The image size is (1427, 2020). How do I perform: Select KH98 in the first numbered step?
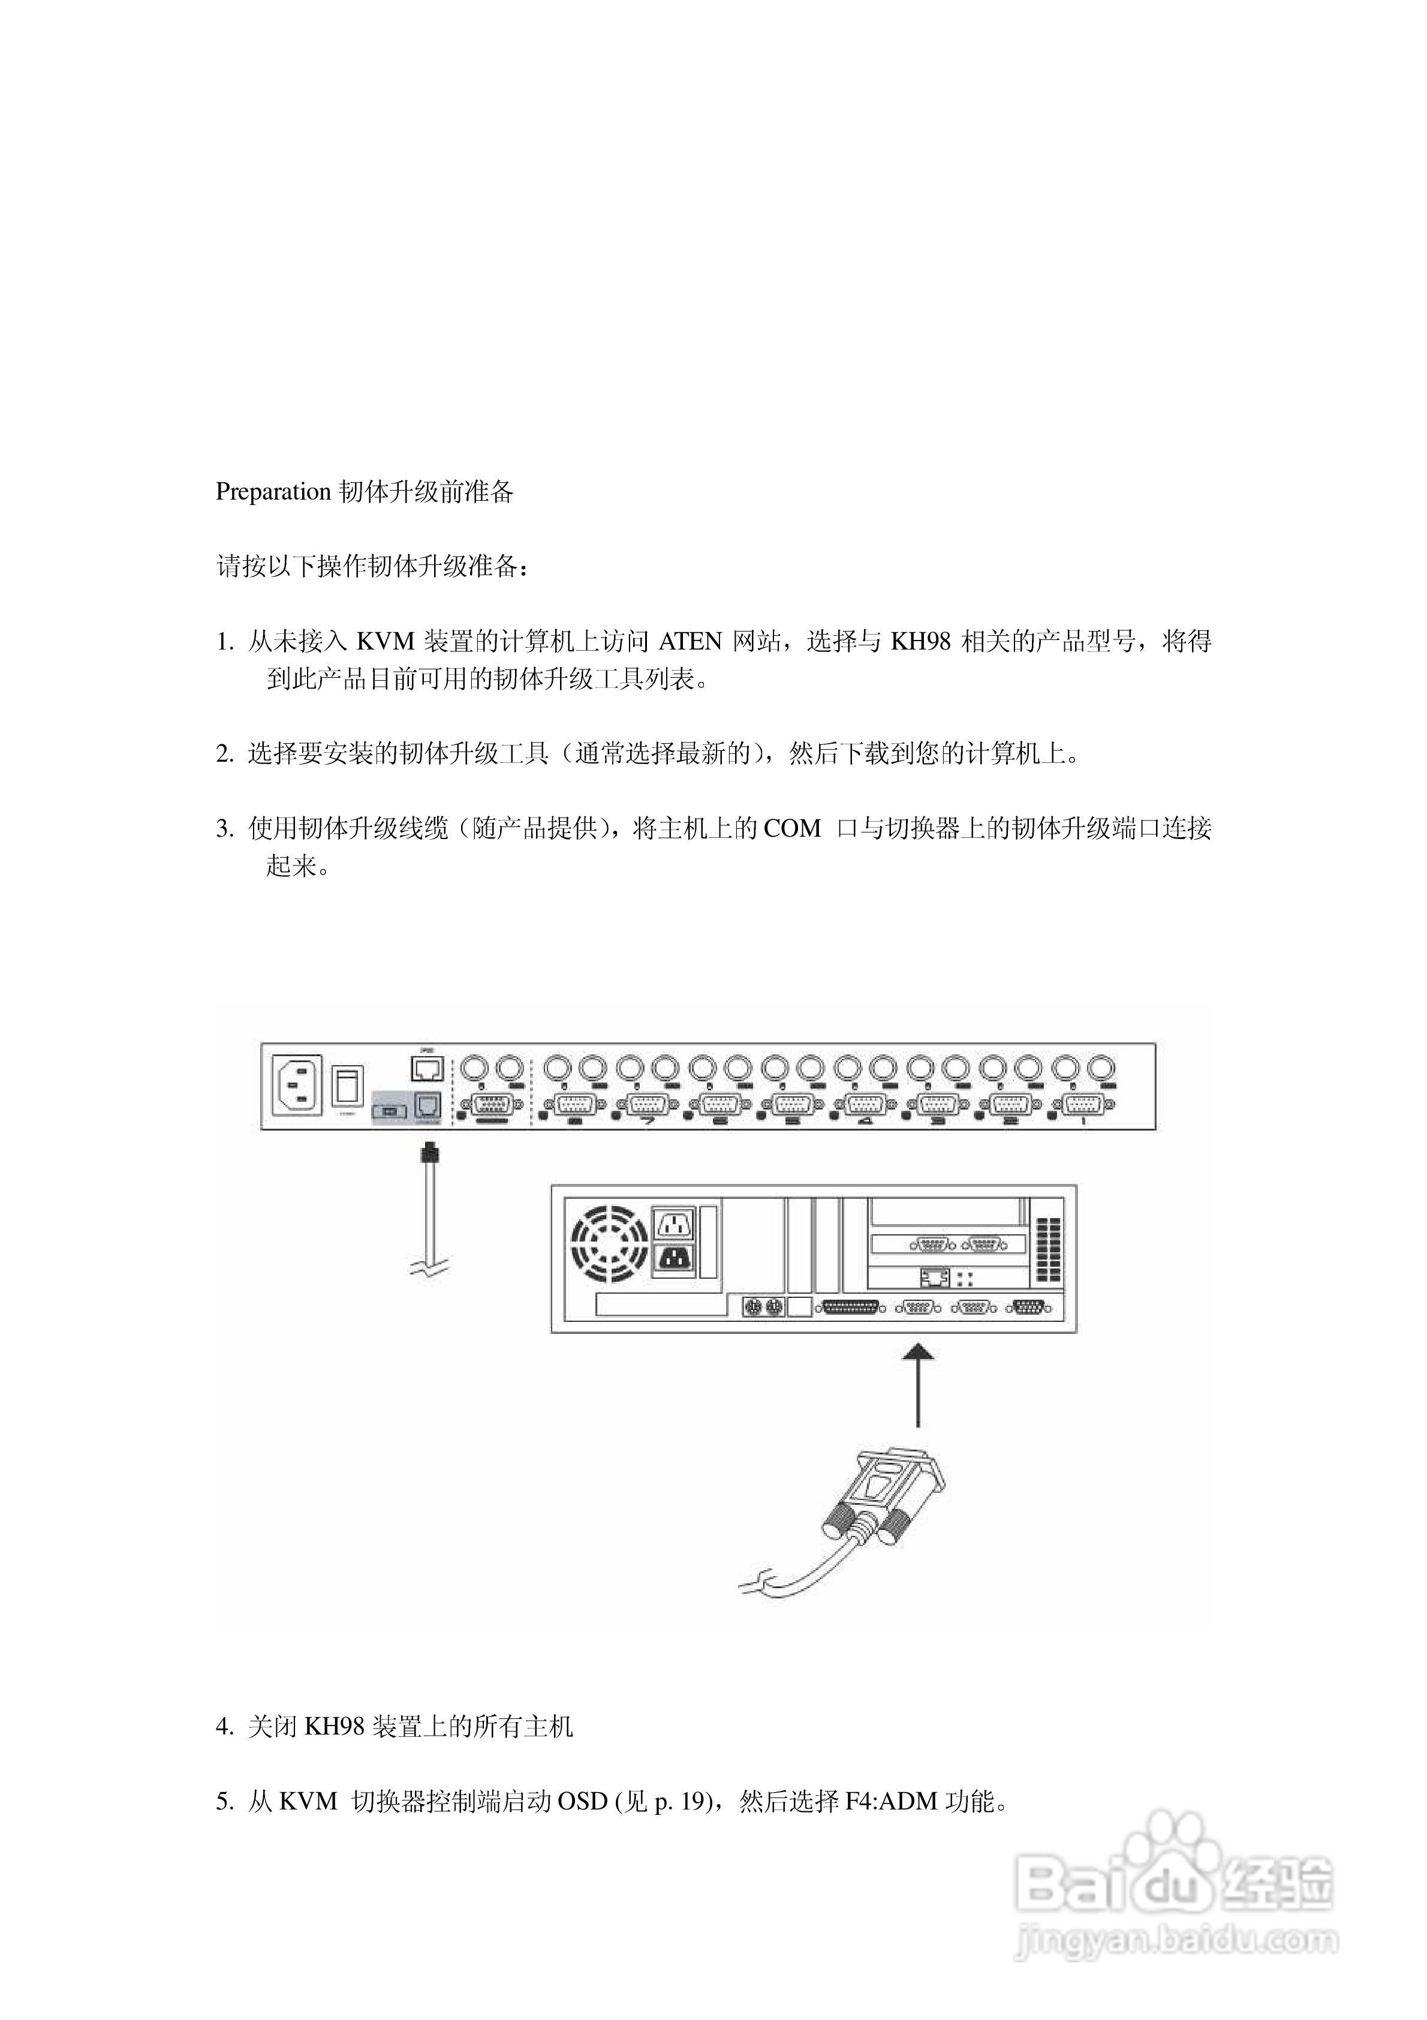920,641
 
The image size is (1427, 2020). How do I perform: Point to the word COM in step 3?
792,829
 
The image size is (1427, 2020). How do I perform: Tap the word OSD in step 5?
582,1802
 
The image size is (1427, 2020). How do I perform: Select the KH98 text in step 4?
335,1727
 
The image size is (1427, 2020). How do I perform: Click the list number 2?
224,754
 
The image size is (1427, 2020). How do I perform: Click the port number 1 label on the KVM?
1083,1122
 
